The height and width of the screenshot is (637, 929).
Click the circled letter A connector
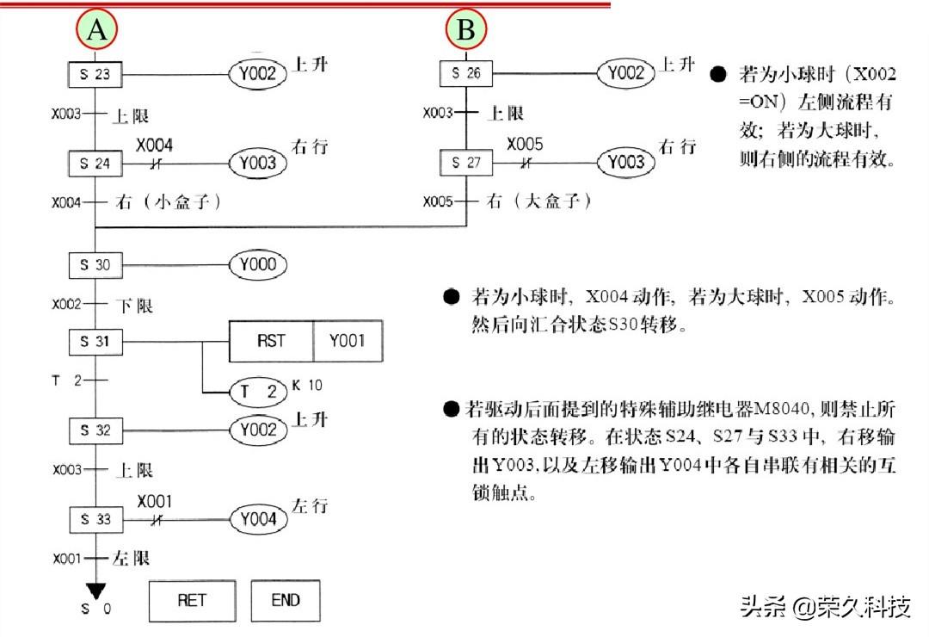coord(96,29)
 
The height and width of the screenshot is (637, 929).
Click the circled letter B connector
coord(466,29)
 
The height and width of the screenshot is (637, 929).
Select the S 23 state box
coord(95,74)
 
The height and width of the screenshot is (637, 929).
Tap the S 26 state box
coord(466,73)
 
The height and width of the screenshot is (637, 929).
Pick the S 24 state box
coord(95,163)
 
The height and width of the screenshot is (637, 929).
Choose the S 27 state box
coord(466,163)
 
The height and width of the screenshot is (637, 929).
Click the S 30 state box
coord(95,265)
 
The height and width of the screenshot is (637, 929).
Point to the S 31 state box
coord(95,342)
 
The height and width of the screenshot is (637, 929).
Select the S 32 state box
coord(95,430)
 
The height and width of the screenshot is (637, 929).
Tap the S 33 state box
coord(96,520)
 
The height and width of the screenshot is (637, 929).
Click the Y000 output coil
coord(258,264)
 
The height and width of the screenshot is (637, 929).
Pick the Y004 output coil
coord(258,520)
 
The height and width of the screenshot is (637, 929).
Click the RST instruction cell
coord(271,341)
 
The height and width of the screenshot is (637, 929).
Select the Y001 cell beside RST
coord(348,341)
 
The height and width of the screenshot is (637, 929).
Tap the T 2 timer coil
coord(258,392)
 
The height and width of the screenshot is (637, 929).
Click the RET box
coord(192,601)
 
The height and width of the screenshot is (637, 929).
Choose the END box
coord(286,601)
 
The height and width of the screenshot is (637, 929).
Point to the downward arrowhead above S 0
coord(95,591)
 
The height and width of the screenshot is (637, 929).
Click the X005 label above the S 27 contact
coord(525,144)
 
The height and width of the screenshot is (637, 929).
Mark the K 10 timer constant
coord(307,386)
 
